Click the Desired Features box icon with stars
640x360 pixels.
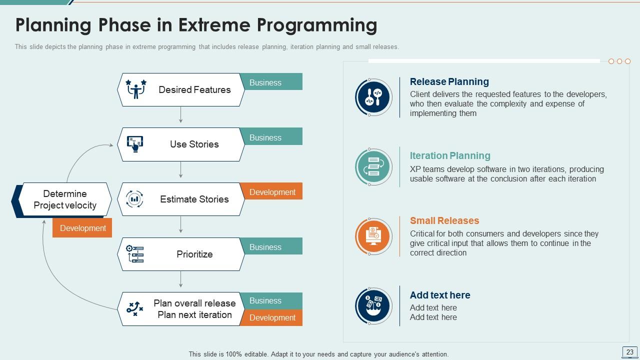[x=135, y=89]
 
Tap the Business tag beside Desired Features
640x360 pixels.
[x=271, y=82]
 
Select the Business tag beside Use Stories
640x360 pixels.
[x=271, y=137]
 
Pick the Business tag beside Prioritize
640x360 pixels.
[x=271, y=246]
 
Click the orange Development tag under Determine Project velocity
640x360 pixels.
[x=82, y=228]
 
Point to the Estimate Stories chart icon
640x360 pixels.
[x=134, y=199]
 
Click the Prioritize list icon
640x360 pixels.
[x=135, y=254]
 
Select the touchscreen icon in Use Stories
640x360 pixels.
[x=135, y=144]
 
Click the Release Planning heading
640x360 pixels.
[x=449, y=81]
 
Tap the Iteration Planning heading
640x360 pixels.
[x=449, y=155]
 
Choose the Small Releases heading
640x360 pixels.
[x=444, y=220]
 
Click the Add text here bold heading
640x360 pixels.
[x=439, y=295]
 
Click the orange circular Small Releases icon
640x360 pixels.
[x=373, y=236]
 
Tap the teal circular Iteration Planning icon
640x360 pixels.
[x=373, y=167]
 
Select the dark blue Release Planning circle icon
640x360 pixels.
[x=373, y=97]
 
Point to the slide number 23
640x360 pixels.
[x=629, y=352]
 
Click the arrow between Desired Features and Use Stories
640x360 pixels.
[x=180, y=114]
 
